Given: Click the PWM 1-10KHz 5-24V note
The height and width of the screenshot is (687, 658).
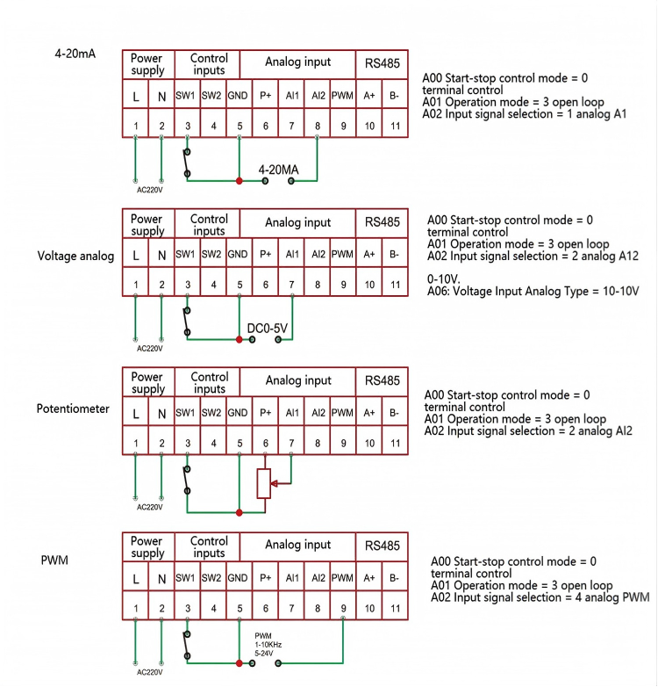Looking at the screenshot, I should [268, 644].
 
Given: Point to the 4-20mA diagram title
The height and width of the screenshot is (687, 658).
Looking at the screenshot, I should [75, 53].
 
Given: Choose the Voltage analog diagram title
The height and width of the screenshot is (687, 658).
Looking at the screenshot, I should [75, 256].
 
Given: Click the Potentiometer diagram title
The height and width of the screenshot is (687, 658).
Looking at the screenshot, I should [73, 409].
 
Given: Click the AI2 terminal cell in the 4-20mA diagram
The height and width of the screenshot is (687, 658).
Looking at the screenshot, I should [318, 94].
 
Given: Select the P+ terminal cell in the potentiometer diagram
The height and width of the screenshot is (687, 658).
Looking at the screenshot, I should [265, 412].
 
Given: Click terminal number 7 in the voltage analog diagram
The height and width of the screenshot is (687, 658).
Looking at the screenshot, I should [291, 285].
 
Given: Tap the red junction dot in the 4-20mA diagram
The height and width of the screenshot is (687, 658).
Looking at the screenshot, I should [239, 180].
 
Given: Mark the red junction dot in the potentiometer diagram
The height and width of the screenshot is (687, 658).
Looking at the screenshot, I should [239, 511].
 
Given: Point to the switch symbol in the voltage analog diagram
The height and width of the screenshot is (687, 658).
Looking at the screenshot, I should [186, 321].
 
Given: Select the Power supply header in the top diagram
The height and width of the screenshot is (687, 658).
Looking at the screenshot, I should [147, 63].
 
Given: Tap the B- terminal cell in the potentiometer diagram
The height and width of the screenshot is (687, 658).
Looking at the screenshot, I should [395, 412].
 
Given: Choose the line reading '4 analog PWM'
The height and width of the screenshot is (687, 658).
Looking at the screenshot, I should [540, 598].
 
